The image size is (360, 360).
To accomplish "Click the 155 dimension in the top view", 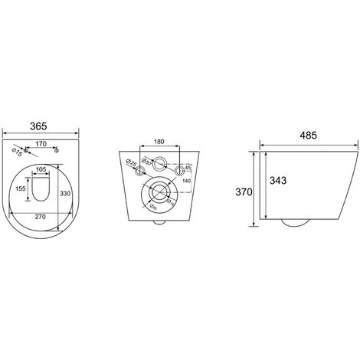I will coord(21,187).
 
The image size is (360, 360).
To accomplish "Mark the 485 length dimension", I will coord(307,136).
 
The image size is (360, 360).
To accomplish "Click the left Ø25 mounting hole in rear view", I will coord(139,172).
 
